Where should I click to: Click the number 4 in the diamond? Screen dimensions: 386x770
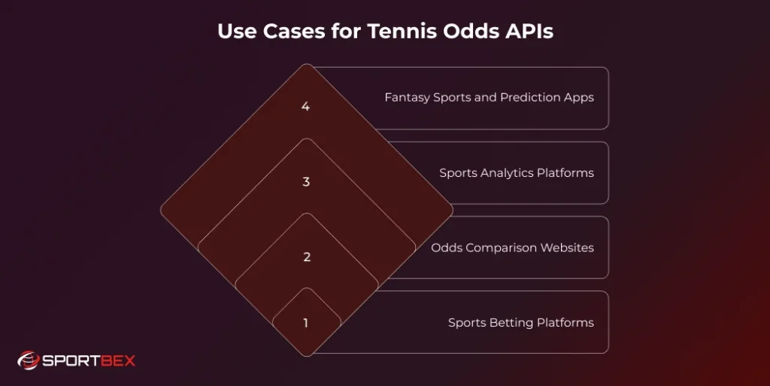click(x=305, y=107)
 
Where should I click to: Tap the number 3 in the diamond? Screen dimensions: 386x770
click(x=306, y=182)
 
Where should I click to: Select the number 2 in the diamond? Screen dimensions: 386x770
click(x=306, y=257)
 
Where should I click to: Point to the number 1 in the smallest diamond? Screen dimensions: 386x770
click(x=306, y=324)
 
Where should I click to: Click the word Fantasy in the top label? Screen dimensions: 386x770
click(x=407, y=98)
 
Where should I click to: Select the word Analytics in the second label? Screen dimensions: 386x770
click(x=506, y=173)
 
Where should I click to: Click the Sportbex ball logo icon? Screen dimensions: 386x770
click(x=28, y=360)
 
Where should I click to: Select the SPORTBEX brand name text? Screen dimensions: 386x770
click(x=87, y=361)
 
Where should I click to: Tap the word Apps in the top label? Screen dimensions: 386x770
click(x=580, y=98)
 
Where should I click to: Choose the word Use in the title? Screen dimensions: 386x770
click(x=235, y=32)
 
